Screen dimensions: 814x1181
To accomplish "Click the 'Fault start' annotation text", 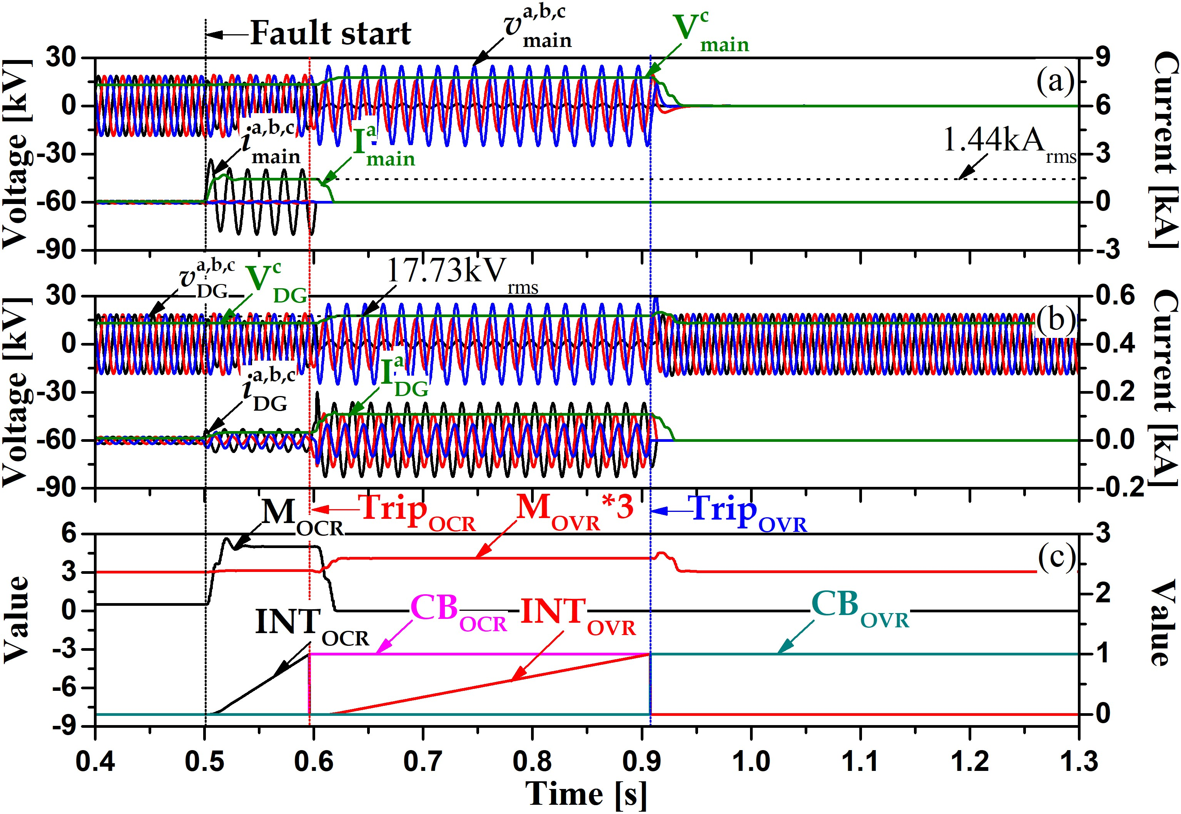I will [x=331, y=33].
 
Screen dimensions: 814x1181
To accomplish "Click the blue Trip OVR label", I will [x=747, y=513].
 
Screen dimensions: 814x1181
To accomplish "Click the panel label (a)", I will [x=1054, y=81].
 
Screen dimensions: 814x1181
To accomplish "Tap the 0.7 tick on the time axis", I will [x=423, y=762].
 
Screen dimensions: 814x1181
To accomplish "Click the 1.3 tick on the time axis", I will [x=1078, y=762].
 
